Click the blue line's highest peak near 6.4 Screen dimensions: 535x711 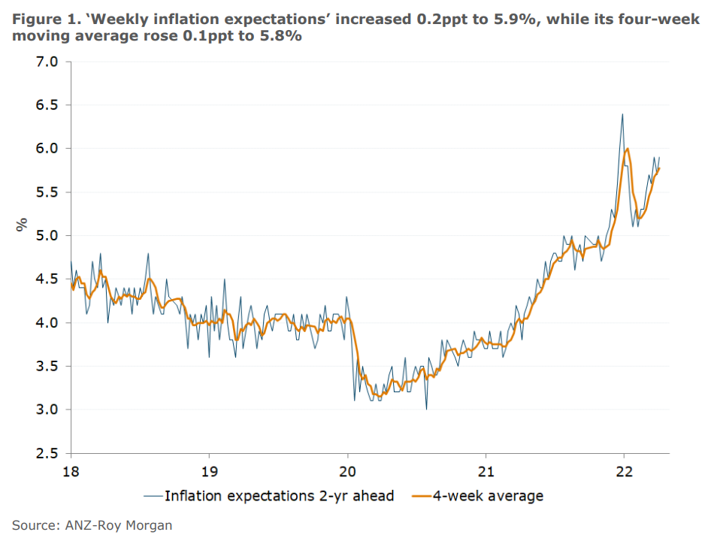click(622, 114)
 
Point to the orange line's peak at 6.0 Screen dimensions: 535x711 click(628, 149)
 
